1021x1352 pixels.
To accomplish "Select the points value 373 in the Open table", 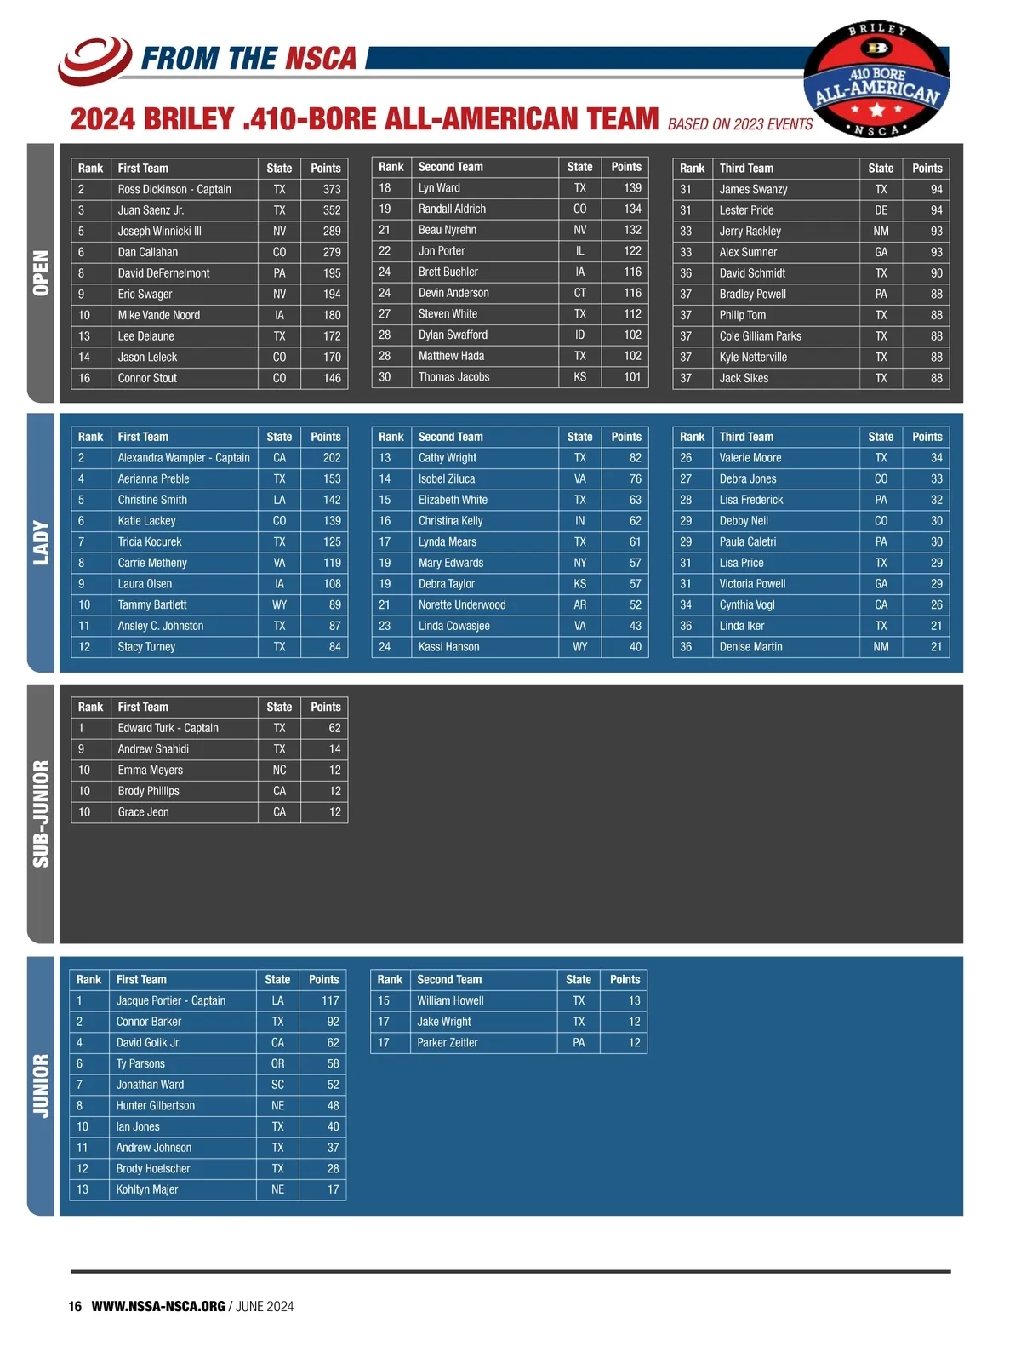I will click(332, 189).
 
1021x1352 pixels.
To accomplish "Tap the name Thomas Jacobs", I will click(453, 377).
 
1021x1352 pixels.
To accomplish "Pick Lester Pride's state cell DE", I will click(881, 210).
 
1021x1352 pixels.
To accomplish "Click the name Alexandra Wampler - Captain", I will click(184, 458).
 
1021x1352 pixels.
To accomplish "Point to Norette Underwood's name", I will click(462, 605).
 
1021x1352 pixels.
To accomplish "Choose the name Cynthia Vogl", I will click(747, 605).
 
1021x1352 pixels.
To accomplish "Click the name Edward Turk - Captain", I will click(168, 728).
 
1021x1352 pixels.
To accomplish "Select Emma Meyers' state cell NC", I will click(279, 771).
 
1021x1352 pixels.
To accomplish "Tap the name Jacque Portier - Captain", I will click(170, 1001).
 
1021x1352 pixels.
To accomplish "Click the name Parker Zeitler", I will click(448, 1043).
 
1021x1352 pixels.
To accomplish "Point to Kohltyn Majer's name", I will click(146, 1190).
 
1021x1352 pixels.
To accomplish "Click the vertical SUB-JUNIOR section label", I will click(41, 814).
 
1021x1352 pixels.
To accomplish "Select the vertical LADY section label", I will click(41, 543).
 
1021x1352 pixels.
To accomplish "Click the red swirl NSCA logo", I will click(94, 60).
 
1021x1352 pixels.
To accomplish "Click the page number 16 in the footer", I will click(75, 1307).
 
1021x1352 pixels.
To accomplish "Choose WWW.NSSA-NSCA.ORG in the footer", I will click(158, 1307).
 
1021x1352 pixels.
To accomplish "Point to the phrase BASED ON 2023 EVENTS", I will click(740, 125).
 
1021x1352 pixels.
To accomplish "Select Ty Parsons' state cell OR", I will click(278, 1064).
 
